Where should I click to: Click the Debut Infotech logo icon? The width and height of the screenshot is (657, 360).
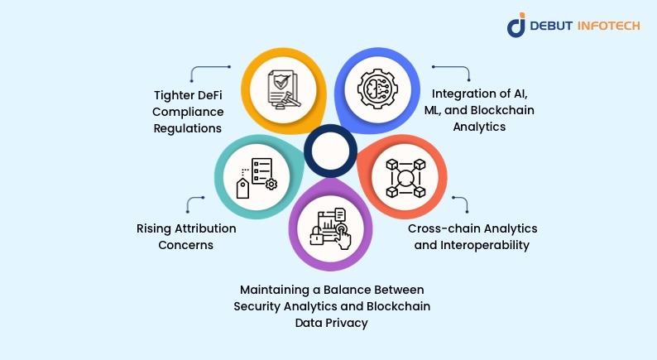516,25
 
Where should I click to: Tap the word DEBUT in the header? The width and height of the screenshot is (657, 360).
552,25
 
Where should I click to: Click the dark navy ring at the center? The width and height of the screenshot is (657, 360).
329,150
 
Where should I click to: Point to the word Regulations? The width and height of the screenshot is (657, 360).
189,129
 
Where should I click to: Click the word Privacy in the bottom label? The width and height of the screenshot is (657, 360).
348,322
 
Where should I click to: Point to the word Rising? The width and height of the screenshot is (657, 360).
154,228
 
